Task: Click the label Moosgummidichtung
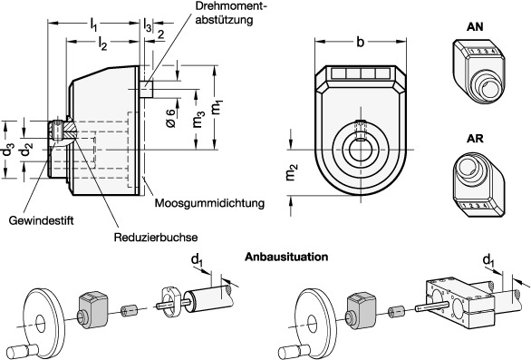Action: [x=209, y=203]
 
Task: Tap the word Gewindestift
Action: [x=41, y=220]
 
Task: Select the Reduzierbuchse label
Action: [x=156, y=237]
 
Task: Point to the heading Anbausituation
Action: [x=286, y=257]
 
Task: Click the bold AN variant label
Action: [x=475, y=27]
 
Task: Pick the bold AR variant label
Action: [x=475, y=139]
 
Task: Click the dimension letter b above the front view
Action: [x=361, y=42]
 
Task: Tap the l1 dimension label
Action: [x=94, y=24]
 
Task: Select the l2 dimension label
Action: [x=102, y=43]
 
